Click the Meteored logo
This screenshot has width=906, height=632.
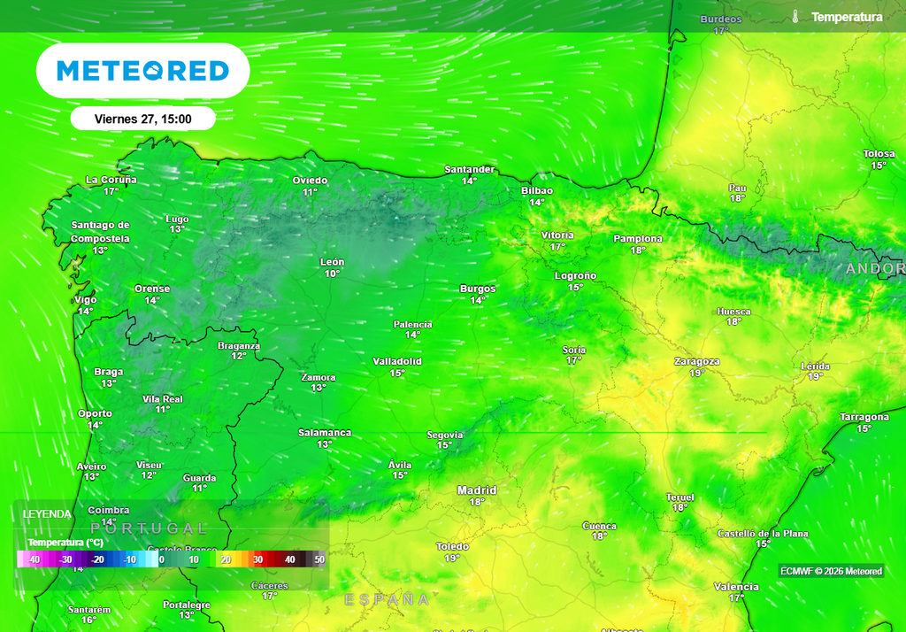(142, 71)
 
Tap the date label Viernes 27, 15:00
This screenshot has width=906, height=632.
(142, 119)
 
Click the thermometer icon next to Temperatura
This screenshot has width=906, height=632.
(795, 17)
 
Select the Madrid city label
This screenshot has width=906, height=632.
(476, 490)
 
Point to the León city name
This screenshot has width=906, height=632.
(332, 262)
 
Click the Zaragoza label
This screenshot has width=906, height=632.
(696, 361)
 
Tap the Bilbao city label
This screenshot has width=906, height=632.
(537, 190)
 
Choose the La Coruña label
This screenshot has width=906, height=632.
(111, 180)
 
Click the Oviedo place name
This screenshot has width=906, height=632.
(310, 181)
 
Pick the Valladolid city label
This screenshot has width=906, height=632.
(397, 361)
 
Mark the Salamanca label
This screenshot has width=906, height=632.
(325, 433)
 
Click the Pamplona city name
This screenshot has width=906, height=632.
(638, 239)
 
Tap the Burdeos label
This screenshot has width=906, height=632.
(721, 19)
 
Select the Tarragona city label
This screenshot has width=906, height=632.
(864, 417)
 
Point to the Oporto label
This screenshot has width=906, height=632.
(95, 413)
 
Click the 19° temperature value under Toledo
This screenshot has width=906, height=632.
(452, 559)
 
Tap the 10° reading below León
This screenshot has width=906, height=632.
(332, 274)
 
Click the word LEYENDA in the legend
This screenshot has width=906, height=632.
(48, 514)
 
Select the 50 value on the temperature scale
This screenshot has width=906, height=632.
(319, 559)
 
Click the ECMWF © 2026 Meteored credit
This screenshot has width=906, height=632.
(831, 571)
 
